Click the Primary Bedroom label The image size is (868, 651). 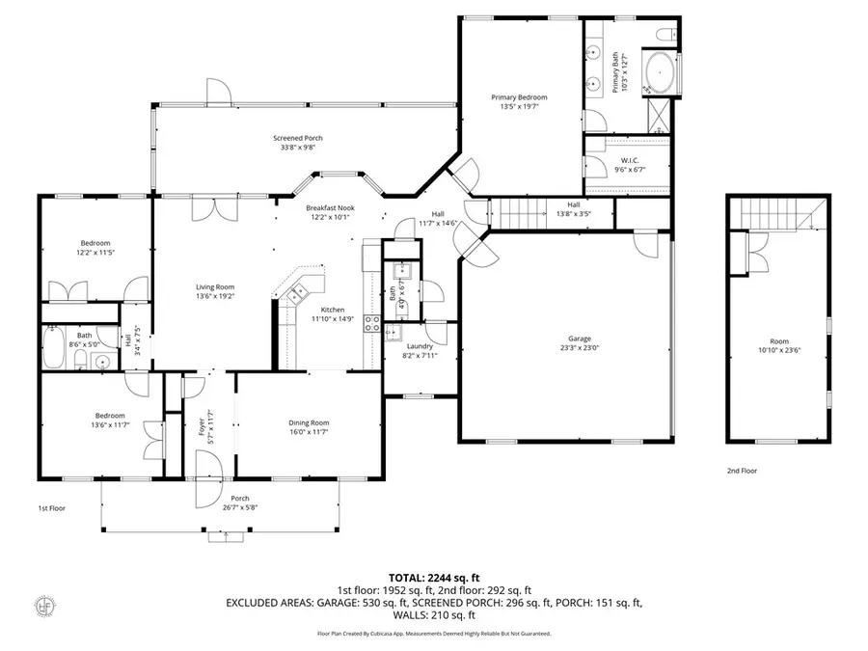519,97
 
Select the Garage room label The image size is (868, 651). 579,339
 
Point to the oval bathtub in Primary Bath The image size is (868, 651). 660,72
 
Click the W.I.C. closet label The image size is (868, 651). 631,160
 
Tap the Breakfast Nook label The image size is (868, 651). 331,207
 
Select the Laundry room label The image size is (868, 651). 419,346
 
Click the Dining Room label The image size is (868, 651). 309,422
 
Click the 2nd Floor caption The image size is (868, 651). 741,472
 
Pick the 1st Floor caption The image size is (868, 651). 51,507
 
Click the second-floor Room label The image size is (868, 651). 778,340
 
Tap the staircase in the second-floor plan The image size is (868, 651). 776,212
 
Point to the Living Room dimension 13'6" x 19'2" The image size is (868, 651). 215,297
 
